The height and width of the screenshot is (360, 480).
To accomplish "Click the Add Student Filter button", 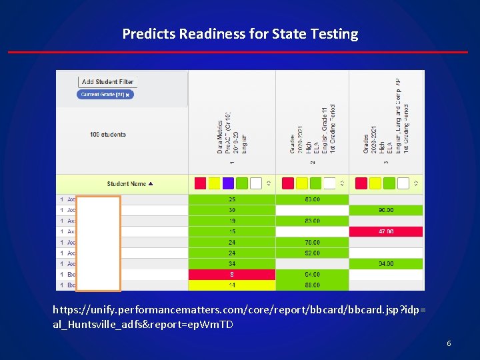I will pyautogui.click(x=107, y=82).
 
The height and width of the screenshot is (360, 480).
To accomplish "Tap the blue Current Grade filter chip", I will pyautogui.click(x=106, y=95).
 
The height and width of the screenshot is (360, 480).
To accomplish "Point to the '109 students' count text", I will pyautogui.click(x=107, y=135).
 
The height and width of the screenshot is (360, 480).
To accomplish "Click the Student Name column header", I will pyautogui.click(x=129, y=184).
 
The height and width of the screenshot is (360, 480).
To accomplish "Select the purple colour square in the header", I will pyautogui.click(x=228, y=183).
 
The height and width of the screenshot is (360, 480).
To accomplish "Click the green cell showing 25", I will pyautogui.click(x=232, y=199).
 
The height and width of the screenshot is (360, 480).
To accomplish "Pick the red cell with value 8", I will pyautogui.click(x=232, y=274).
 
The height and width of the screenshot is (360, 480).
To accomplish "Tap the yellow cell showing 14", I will pyautogui.click(x=232, y=285).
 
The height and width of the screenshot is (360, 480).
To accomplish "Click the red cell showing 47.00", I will pyautogui.click(x=386, y=231).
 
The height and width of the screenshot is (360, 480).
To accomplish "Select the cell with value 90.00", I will pyautogui.click(x=386, y=210).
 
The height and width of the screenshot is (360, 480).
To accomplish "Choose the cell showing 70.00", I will pyautogui.click(x=312, y=242).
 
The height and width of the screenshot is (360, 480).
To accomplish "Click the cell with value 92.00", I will pyautogui.click(x=312, y=253).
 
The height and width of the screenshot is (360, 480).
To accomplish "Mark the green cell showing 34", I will pyautogui.click(x=232, y=263).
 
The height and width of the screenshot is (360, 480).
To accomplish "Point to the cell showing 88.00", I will pyautogui.click(x=312, y=285).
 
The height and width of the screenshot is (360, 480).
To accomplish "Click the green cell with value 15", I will pyautogui.click(x=232, y=231).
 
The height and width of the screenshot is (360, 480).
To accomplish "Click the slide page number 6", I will pyautogui.click(x=449, y=343).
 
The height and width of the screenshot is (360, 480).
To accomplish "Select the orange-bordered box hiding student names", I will pyautogui.click(x=98, y=243).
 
